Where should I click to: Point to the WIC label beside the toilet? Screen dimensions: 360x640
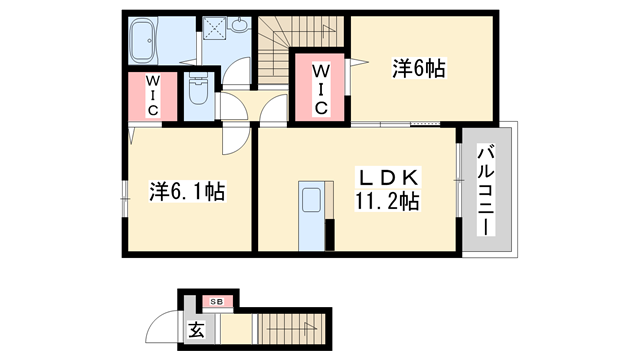coord(152,97)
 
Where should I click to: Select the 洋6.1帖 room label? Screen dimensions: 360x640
coord(187,190)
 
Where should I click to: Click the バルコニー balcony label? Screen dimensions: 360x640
coord(484,190)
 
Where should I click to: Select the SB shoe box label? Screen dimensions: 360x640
coord(216,300)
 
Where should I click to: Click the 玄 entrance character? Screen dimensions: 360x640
coord(196,329)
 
